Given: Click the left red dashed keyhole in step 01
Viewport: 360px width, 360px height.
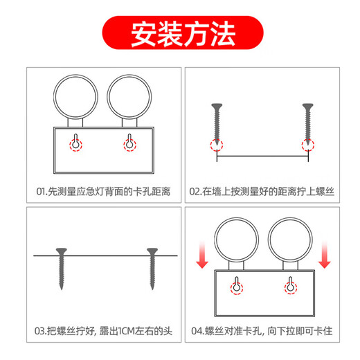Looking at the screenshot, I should [x=75, y=143].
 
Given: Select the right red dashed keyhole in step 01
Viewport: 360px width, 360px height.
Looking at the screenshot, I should [x=128, y=143].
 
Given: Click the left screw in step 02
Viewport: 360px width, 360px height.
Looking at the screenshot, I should [x=217, y=125].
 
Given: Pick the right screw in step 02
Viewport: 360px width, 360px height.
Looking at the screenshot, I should [x=307, y=125].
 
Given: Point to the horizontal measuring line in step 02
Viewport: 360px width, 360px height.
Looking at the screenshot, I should [x=262, y=159].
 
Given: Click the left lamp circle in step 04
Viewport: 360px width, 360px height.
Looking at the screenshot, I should [x=236, y=239].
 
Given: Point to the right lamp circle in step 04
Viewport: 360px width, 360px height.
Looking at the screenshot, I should [x=290, y=239].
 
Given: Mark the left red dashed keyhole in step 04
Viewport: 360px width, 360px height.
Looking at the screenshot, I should [x=237, y=286].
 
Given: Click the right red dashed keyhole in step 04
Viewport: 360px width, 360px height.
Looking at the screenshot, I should [x=290, y=286].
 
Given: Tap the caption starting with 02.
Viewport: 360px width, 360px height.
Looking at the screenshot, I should [x=262, y=190].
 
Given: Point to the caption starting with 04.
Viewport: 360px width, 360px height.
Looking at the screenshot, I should [x=262, y=332].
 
